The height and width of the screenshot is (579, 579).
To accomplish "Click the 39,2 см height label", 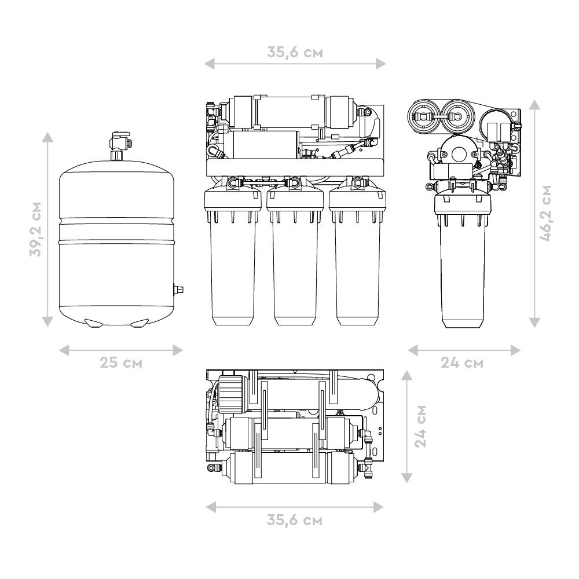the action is coord(36,229).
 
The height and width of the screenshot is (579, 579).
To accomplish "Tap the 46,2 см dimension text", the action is coord(546,214).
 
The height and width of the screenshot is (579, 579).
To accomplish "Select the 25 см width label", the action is coord(121,362).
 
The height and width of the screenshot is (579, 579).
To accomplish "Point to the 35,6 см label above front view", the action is coord(295,53).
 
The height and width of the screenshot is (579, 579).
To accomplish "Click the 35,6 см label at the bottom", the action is coord(295,521).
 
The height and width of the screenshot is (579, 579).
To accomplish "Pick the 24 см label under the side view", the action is coord(462,362).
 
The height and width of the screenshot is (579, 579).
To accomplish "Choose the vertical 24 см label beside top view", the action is coord(420,427).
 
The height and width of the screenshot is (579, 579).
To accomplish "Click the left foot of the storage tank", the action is coord(93,323).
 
